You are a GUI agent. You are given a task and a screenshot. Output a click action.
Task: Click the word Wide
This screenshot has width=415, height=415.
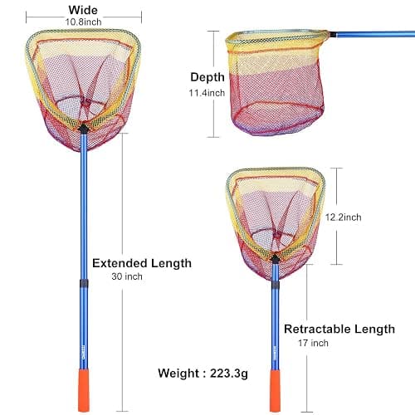(83, 10)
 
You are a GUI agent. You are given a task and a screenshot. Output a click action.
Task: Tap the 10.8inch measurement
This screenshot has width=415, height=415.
(83, 22)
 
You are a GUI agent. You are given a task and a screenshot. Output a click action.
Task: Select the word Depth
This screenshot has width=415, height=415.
(207, 77)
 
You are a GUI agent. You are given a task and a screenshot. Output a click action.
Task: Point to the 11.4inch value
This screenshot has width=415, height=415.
(207, 93)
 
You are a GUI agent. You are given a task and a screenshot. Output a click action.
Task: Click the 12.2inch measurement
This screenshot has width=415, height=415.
(343, 217)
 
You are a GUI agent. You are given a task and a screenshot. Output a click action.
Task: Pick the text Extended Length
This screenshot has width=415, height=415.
(142, 263)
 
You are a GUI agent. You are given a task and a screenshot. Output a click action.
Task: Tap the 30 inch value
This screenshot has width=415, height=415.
(127, 276)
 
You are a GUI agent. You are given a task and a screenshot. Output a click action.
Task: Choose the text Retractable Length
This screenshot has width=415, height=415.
(339, 330)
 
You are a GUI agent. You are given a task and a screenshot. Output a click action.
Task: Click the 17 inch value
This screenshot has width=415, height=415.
(313, 343)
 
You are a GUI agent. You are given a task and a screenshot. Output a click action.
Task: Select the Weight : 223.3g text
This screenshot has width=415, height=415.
(203, 373)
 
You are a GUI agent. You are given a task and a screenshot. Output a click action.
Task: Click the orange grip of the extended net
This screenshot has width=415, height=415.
(84, 390)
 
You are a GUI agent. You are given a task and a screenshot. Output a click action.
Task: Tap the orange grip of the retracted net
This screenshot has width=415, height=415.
(275, 391)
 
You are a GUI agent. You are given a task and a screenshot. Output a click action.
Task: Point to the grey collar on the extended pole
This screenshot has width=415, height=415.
(84, 283)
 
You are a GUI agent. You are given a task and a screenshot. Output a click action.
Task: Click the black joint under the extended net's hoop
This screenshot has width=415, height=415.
(83, 129)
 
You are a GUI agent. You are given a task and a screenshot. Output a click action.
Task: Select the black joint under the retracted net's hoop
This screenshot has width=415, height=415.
(275, 259)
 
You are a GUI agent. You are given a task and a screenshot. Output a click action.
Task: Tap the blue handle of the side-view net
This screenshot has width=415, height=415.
(375, 34)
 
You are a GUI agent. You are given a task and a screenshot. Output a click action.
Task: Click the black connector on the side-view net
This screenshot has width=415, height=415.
(333, 35)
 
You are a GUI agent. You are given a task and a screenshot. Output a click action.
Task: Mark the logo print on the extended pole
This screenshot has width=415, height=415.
(85, 352)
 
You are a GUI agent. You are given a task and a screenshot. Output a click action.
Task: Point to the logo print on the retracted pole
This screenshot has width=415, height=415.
(276, 353)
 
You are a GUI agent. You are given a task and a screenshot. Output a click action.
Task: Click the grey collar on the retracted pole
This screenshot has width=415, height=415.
(276, 285)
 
